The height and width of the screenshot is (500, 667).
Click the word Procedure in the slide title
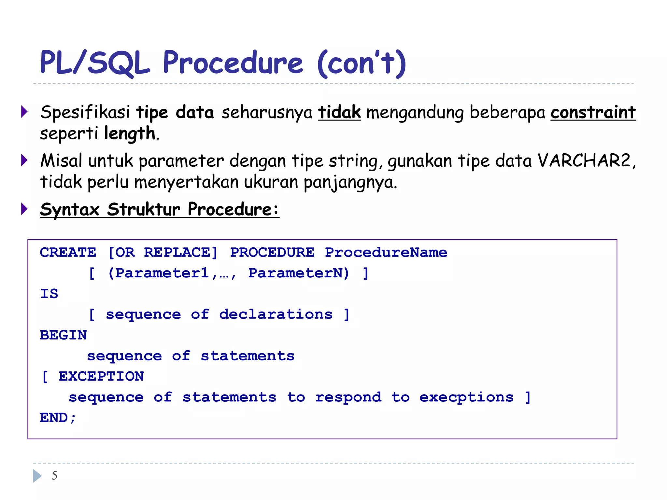click(x=233, y=62)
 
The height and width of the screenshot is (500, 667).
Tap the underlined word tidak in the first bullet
click(x=339, y=112)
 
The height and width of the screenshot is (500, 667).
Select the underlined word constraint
click(x=593, y=112)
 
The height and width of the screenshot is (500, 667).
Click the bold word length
click(x=130, y=133)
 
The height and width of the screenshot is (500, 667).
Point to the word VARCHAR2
click(x=584, y=160)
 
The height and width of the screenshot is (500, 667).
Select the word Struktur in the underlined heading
click(x=143, y=209)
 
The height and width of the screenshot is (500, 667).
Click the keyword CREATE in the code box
click(x=68, y=253)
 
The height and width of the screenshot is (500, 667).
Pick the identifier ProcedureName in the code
click(x=386, y=253)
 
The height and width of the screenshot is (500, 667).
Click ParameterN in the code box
click(x=299, y=273)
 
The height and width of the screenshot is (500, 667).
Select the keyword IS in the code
click(x=49, y=294)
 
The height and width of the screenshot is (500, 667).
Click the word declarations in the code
click(x=276, y=314)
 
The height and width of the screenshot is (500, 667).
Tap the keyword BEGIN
click(x=64, y=335)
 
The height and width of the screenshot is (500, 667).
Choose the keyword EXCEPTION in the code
click(x=101, y=377)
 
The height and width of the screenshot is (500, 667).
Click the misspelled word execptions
click(x=466, y=397)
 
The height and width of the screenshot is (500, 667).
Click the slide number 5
click(x=54, y=476)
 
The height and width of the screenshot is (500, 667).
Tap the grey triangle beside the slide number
click(x=37, y=476)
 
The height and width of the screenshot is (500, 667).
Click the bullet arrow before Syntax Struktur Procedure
click(x=24, y=209)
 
